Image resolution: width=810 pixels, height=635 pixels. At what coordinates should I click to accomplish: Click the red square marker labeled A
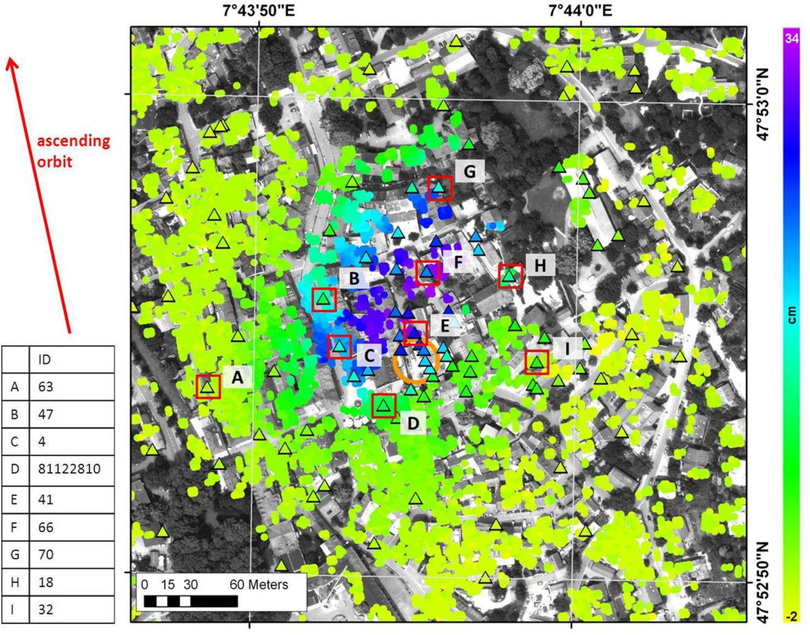point(208,386)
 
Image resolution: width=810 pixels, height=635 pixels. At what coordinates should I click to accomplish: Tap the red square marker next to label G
point(439,188)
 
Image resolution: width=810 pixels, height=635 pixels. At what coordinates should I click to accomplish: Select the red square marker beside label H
point(510,276)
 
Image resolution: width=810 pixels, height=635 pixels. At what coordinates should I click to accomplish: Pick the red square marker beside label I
point(537,362)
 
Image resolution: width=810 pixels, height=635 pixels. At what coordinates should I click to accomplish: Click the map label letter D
point(413,423)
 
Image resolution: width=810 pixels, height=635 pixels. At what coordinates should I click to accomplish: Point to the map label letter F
point(458,263)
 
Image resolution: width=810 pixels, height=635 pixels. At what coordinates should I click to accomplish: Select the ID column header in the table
point(44,359)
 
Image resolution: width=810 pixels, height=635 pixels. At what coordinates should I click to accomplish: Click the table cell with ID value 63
point(46,387)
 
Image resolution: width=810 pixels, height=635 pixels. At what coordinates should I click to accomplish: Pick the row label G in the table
point(14,554)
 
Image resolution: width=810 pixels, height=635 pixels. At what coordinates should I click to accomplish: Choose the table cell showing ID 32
point(46,610)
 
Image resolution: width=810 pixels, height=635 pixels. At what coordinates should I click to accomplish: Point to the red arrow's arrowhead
point(12,62)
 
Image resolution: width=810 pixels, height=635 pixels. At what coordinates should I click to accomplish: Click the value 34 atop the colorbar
point(791,38)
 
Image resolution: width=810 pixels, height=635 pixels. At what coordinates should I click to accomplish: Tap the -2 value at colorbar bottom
point(791,616)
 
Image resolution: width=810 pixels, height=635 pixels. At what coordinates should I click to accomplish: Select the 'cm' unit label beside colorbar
point(792,316)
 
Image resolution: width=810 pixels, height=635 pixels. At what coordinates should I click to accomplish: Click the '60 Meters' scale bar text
point(258,584)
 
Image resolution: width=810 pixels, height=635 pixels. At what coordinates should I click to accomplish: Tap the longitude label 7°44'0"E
point(580,10)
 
